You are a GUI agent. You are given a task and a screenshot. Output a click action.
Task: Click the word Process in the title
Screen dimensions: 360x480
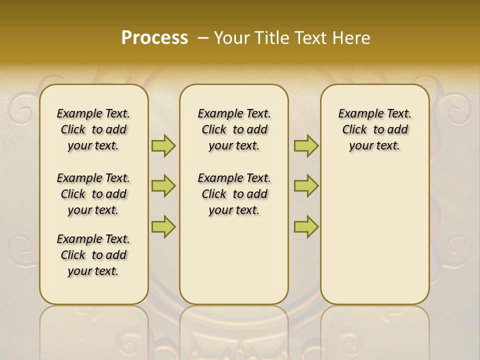pos(154,37)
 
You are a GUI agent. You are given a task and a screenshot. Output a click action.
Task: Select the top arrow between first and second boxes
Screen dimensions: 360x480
pos(163,145)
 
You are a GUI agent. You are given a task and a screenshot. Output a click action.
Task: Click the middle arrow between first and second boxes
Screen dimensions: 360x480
pos(163,186)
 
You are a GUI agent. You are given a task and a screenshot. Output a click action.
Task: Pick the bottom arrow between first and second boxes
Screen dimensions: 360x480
pos(163,226)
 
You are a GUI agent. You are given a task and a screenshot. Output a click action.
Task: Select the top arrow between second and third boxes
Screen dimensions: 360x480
pos(306,145)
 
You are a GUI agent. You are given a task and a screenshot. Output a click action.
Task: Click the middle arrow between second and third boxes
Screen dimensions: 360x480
pos(306,186)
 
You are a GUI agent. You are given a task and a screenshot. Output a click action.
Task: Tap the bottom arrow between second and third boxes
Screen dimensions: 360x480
pos(306,226)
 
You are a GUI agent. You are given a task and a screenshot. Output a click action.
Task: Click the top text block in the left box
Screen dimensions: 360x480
pos(93,129)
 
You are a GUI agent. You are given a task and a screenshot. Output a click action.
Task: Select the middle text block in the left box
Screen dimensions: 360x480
pos(93,194)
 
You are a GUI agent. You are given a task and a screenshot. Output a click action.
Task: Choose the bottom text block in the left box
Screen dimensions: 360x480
pos(93,255)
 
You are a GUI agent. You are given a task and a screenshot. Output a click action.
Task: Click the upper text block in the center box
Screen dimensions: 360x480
pos(234,129)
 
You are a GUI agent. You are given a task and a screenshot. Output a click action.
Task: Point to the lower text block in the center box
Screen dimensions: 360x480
pos(234,194)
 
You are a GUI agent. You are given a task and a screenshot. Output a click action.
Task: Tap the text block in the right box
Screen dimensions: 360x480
pos(374,129)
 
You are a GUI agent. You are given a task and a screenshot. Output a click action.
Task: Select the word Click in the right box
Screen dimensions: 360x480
pos(354,130)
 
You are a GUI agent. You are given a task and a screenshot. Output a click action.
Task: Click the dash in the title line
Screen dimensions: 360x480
pos(203,37)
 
